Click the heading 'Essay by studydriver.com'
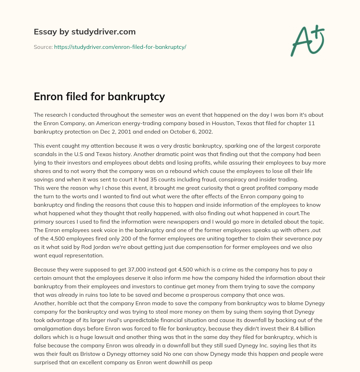[x=85, y=32]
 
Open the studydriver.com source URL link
[x=120, y=47]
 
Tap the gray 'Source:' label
[x=43, y=47]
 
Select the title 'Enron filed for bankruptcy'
[x=99, y=96]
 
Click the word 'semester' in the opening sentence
[x=143, y=115]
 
